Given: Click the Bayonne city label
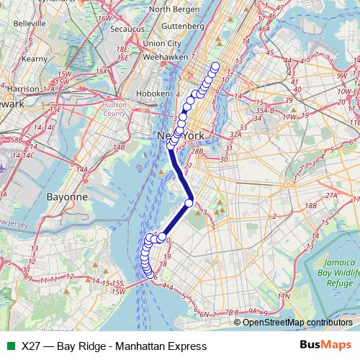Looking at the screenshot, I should click(66, 196).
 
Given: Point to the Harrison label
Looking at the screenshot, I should click(25, 89).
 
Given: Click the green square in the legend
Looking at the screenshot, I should click(9, 346).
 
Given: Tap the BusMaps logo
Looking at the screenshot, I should click(325, 345).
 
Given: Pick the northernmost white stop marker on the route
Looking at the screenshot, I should click(214, 67).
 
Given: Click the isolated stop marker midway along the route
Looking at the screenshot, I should click(189, 202).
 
